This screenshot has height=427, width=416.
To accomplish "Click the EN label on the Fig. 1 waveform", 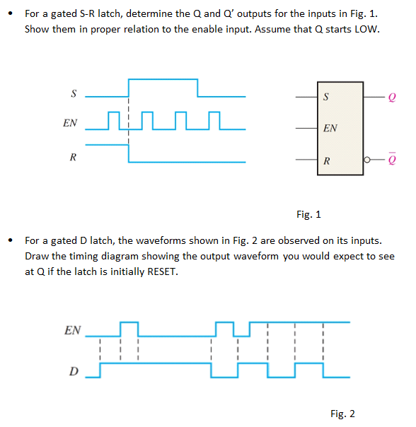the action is coord(70,123).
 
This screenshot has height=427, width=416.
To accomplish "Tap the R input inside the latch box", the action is coord(325,162).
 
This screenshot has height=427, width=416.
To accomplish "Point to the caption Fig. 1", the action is coord(309,213).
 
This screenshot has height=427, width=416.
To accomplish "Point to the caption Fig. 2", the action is coord(342,414).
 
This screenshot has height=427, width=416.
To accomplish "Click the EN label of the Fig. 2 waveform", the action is coord(72,330).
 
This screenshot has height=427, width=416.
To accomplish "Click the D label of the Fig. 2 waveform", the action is coord(73,372).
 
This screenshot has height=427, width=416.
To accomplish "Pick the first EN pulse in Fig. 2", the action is coord(129,330).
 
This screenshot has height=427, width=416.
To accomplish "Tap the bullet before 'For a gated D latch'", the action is coord(10,240).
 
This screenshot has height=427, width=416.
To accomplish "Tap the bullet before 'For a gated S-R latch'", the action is coord(10,13).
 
